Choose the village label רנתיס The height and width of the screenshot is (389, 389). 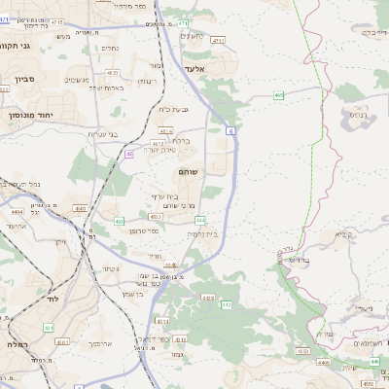(359, 113)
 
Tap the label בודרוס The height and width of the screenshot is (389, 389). (298, 261)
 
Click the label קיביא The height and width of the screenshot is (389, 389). (343, 234)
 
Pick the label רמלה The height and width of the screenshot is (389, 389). (12, 345)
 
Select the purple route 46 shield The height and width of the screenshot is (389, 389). (129, 154)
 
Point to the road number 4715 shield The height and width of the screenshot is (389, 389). (58, 21)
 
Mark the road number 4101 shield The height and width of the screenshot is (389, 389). (62, 342)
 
